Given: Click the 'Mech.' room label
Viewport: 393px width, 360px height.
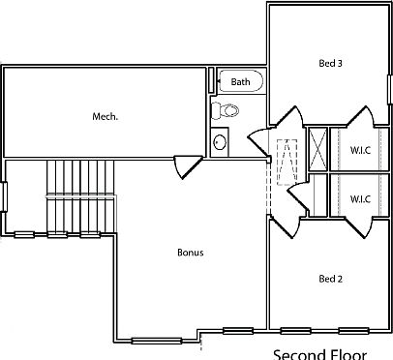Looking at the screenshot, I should (x=105, y=116).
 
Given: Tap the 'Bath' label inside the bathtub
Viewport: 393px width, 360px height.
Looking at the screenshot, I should (x=240, y=82).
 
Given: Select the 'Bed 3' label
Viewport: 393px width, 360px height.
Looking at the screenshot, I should (x=330, y=64).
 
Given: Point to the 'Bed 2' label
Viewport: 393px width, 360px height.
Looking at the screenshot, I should (x=330, y=279).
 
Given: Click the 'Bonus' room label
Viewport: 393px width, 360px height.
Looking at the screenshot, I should (x=190, y=253).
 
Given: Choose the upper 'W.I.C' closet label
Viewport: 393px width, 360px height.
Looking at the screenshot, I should (x=359, y=151).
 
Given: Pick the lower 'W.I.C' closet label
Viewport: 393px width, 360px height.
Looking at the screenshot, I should (x=359, y=198).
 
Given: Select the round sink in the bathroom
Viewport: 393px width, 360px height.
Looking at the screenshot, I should (x=220, y=143).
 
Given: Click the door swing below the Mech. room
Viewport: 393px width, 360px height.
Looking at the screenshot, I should (x=184, y=164).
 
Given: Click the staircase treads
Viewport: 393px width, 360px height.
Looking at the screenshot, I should (x=81, y=194).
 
